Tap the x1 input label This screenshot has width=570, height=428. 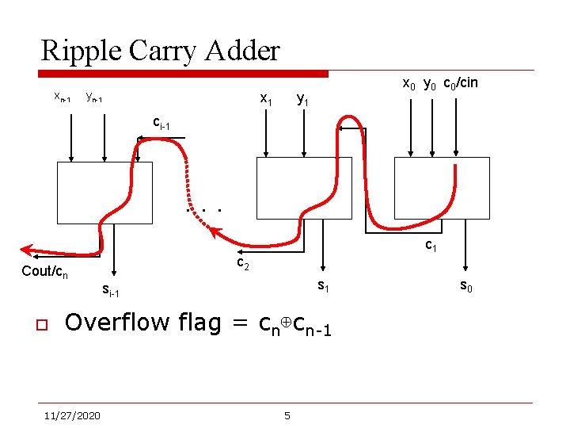coord(267,101)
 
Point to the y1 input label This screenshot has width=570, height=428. coord(302,101)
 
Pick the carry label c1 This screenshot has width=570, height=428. coord(431,246)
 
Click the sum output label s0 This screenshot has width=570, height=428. coord(467,288)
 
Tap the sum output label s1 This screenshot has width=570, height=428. coord(324,286)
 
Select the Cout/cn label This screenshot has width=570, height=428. coord(44,273)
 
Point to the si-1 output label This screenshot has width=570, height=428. coord(111,292)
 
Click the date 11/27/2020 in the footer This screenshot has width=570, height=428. coord(72,415)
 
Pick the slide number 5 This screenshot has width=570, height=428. coord(287,415)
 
